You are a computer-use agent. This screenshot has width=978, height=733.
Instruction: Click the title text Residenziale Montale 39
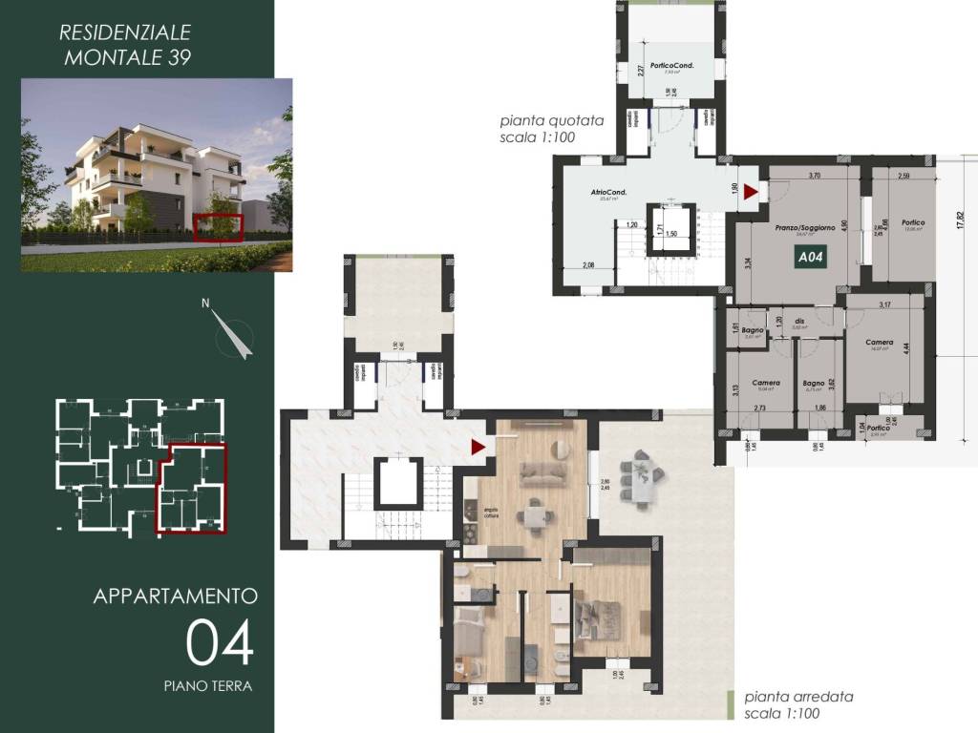(x=125, y=44)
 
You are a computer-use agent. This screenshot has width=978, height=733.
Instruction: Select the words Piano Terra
(x=207, y=685)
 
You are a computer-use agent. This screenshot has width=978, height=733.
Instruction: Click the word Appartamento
(x=176, y=597)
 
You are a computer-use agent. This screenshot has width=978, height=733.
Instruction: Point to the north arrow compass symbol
(x=232, y=333)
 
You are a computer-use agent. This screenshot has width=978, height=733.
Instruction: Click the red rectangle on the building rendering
(x=219, y=226)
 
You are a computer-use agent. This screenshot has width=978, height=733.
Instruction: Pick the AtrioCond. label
(x=608, y=193)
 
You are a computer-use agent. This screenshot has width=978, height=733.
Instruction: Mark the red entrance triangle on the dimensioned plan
(x=751, y=193)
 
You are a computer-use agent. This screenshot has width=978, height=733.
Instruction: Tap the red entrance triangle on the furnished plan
(x=478, y=446)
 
